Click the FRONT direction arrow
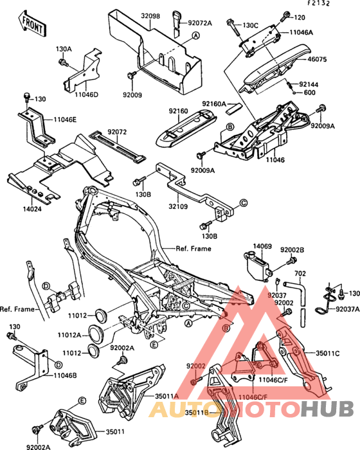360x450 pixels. pos(32,24)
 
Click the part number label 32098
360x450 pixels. pos(150,15)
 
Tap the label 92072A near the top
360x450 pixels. pos(200,23)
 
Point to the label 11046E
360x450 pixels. pos(65,120)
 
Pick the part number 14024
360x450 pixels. pos(32,209)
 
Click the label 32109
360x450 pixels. pos(178,206)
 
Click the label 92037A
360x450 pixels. pos(348,309)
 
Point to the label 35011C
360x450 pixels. pos(327,354)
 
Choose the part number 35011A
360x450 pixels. pos(166,396)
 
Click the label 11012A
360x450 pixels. pos(69,335)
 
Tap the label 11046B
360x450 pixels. pos(65,375)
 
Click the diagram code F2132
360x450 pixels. pos(319,3)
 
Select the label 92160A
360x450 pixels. pos(214,104)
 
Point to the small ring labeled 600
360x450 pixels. pos(295,93)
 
